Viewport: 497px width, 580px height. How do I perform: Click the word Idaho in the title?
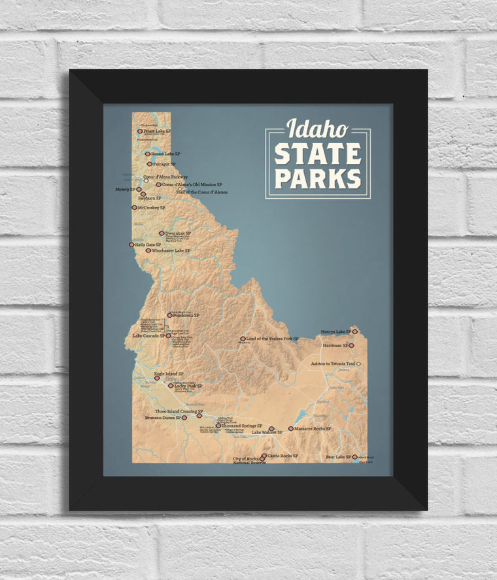coord(317,128)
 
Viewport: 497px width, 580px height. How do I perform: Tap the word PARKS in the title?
coord(318,178)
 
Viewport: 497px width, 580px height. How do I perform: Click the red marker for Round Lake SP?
coord(148,154)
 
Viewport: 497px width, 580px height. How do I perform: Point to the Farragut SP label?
coord(164,164)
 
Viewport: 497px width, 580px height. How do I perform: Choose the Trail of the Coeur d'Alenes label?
coord(203,192)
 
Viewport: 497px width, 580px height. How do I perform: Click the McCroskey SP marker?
coord(134,207)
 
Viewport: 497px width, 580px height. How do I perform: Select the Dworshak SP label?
coord(178,233)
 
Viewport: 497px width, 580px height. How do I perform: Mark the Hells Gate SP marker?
coord(131,245)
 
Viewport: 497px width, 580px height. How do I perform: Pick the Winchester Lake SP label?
coord(171,250)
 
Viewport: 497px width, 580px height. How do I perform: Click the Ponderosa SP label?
coord(186,315)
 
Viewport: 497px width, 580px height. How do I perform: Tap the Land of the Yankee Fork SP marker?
coord(243,339)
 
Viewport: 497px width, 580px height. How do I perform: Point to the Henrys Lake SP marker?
coord(355,332)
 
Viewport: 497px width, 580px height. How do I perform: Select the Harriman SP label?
coord(334,345)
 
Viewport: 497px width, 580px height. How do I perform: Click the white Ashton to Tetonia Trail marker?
coord(359,364)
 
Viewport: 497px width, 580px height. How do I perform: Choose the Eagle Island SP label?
coord(168,375)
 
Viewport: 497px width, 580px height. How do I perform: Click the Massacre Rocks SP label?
coord(313,429)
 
